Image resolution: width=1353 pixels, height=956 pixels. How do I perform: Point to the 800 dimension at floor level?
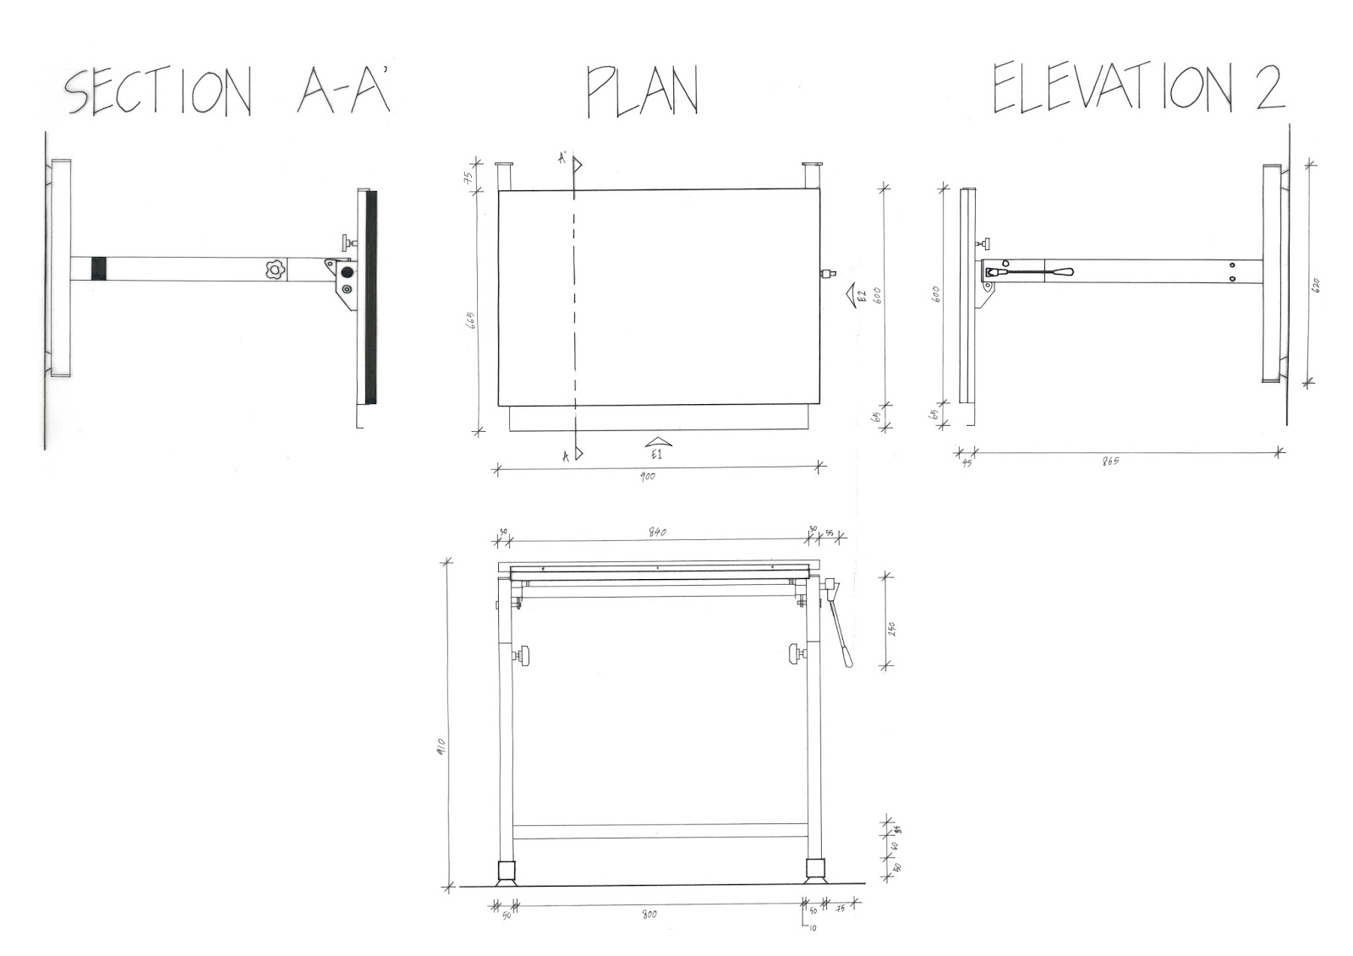pos(649,915)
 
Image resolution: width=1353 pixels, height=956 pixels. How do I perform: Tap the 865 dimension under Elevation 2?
pos(1110,462)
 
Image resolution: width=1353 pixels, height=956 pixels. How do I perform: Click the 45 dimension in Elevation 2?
pos(967,462)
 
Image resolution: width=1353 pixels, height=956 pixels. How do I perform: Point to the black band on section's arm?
pos(99,269)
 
